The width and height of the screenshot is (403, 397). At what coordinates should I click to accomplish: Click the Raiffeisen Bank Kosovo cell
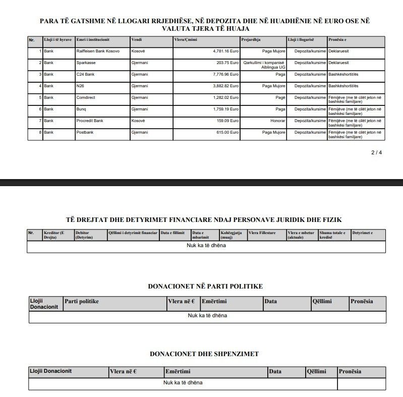tap(97, 51)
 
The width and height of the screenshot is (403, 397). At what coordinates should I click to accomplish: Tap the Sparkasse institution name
tap(86, 63)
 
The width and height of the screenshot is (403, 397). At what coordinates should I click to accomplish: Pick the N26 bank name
tap(81, 86)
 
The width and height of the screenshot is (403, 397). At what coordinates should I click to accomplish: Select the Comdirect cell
tap(86, 97)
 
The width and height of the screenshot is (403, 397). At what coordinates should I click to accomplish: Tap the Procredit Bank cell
tap(90, 121)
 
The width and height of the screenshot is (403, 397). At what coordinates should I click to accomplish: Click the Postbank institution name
tap(86, 132)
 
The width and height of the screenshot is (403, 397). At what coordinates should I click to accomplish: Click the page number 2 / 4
tap(376, 152)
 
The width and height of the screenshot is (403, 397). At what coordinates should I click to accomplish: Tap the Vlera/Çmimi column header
tap(185, 39)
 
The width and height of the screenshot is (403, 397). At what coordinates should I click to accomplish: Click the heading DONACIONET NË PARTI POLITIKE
tap(205, 286)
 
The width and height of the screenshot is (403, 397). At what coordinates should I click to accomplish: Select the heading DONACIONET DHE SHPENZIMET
tap(204, 354)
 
